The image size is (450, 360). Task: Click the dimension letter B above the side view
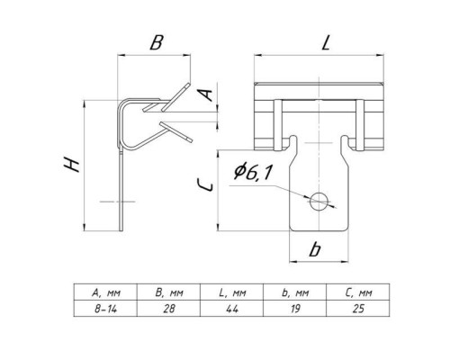point(157,42)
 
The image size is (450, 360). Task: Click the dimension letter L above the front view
point(326,42)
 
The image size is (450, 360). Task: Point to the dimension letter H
point(72,165)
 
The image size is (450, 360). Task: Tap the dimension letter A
point(207,95)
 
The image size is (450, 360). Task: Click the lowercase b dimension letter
point(315,249)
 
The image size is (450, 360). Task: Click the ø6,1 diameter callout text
point(253,172)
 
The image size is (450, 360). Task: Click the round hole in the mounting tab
point(319,202)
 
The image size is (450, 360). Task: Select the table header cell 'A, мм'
point(106,292)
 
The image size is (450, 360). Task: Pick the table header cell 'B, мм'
point(169,292)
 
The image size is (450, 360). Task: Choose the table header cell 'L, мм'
point(232,292)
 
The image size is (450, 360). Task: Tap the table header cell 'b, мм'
point(295,292)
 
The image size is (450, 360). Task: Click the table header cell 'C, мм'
point(358,292)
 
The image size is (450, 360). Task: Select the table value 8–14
point(105,309)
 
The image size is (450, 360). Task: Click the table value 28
point(169,309)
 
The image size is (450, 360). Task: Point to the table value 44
point(232,309)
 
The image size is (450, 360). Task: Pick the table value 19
point(295,309)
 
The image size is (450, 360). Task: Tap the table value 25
point(358,309)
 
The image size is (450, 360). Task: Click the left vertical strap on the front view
point(278,124)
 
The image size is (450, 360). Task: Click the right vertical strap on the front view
point(360,124)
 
